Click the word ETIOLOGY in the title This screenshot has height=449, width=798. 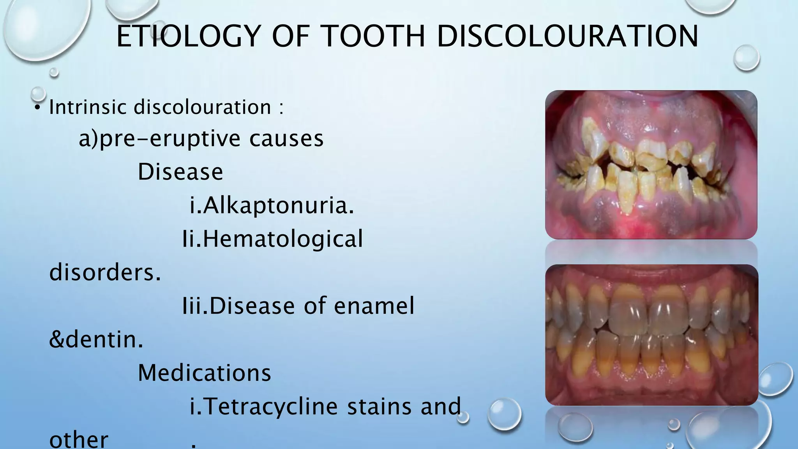[x=188, y=36]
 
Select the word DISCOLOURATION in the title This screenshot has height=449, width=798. [x=567, y=36]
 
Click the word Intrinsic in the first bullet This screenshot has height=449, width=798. [x=88, y=107]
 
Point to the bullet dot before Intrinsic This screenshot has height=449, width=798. [x=37, y=108]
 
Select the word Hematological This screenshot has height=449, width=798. [x=282, y=239]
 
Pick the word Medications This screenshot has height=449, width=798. [x=205, y=373]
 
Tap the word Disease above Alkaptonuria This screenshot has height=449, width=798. [x=180, y=171]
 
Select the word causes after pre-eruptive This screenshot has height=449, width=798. [x=286, y=139]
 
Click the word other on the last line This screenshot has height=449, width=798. [x=79, y=439]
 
